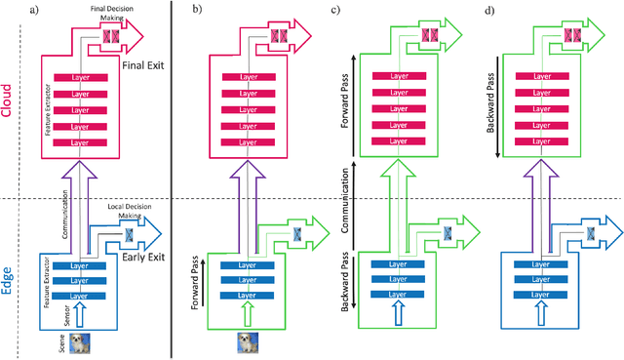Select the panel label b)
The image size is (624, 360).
196,10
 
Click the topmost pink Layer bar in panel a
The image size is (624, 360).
81,77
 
